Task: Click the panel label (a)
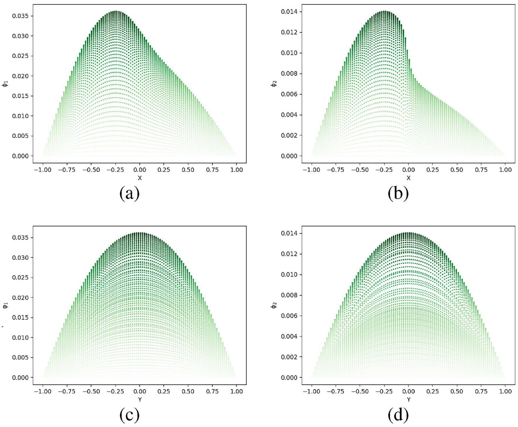pos(129,193)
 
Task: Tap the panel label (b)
pos(398,193)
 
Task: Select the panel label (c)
pos(129,415)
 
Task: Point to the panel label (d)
pos(398,415)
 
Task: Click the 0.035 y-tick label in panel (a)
pos(20,16)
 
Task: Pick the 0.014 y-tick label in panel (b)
pos(289,12)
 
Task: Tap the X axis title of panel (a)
pos(140,178)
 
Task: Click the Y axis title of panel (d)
pos(409,399)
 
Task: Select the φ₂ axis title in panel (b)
pos(274,84)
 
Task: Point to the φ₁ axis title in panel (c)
pos(5,306)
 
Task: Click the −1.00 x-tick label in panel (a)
pos(43,170)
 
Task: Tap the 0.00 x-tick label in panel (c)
pos(140,391)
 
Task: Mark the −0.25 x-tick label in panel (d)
pos(384,391)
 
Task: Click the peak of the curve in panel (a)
pos(116,11)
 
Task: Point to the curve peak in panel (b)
pos(385,11)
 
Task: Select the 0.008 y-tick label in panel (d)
pos(289,295)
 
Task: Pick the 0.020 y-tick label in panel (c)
pos(20,298)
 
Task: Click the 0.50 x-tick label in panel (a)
pos(188,170)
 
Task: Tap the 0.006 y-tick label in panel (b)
pos(289,94)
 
